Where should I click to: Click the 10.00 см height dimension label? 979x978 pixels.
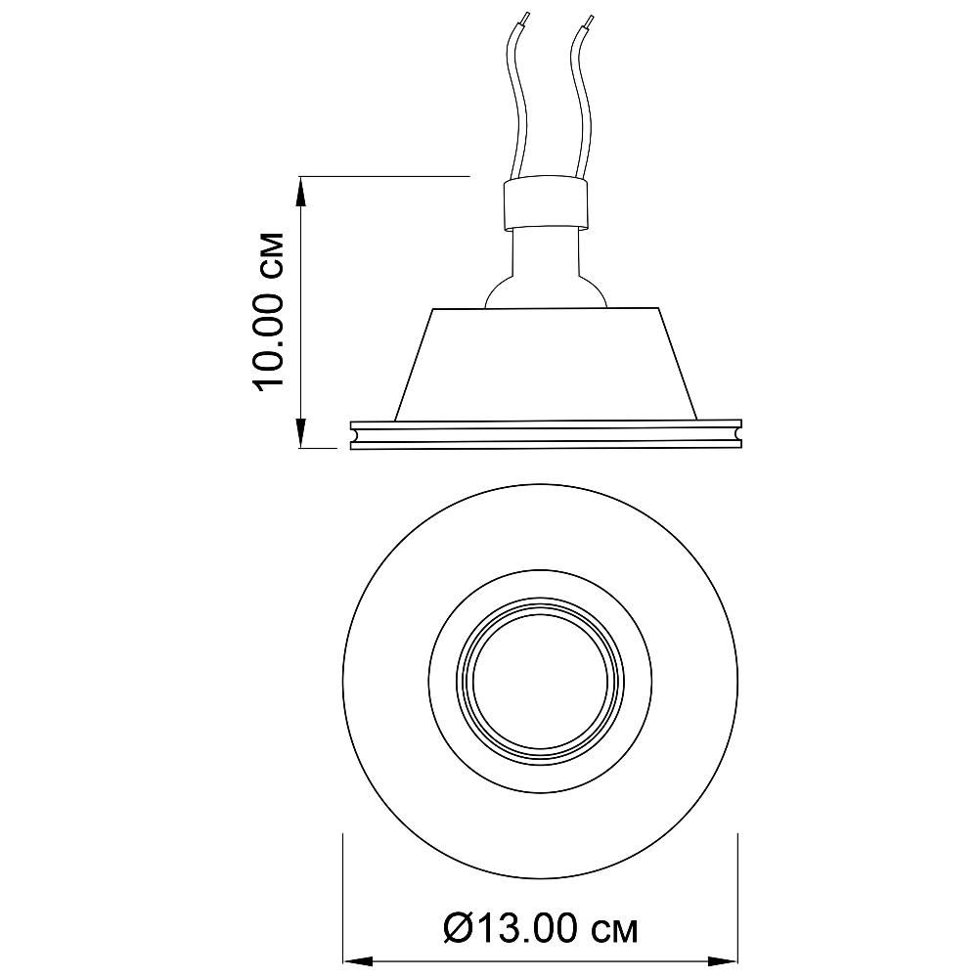tap(268, 312)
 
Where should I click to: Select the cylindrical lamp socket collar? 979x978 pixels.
tap(545, 203)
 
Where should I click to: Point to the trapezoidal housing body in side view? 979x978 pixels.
tap(545, 364)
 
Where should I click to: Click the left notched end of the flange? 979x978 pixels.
tap(355, 434)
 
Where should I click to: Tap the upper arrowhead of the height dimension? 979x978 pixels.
tap(301, 191)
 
